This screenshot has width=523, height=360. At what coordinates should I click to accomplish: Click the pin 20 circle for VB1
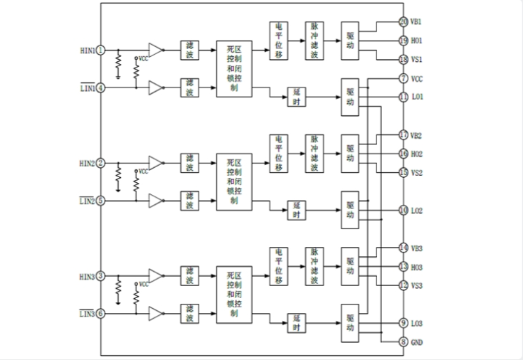[x=403, y=21]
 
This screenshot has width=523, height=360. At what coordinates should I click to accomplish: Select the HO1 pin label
[x=418, y=41]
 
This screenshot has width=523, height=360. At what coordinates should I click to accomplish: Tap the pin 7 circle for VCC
[x=403, y=78]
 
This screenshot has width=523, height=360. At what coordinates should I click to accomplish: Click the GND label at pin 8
[x=418, y=342]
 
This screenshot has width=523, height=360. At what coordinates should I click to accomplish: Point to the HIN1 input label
[x=87, y=50]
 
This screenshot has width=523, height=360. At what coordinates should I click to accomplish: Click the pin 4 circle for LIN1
[x=101, y=88]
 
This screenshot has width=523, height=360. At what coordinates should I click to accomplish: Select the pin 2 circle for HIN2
[x=101, y=163]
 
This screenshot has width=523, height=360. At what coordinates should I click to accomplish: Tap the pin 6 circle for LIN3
[x=101, y=313]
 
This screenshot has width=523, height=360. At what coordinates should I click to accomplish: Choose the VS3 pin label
[x=418, y=285]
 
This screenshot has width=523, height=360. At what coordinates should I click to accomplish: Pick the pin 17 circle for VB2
[x=403, y=134]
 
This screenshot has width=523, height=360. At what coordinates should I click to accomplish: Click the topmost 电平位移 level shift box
[x=278, y=41]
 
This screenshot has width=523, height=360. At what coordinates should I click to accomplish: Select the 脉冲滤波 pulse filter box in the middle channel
[x=315, y=153]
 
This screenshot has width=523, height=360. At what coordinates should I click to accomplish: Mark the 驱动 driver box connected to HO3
[x=350, y=266]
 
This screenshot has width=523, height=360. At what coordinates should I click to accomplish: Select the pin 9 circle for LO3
[x=403, y=322]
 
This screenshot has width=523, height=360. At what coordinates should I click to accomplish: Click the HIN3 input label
[x=87, y=276]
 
